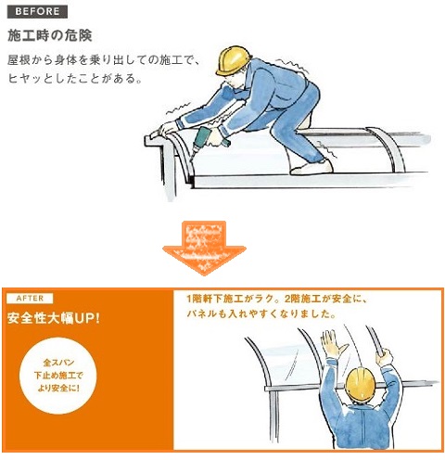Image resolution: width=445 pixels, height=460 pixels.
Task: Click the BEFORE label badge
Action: tap(37, 12)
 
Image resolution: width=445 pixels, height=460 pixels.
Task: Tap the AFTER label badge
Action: tap(30, 299)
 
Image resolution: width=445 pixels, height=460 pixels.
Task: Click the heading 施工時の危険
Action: tap(50, 35)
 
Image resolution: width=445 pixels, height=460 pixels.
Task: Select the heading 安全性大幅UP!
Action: tap(54, 318)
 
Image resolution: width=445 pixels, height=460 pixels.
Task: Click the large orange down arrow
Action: tap(204, 248)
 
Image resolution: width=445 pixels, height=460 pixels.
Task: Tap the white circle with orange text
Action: tap(58, 376)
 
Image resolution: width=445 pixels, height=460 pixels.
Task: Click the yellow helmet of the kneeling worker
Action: tap(234, 60)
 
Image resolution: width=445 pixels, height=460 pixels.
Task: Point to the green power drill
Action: tap(206, 141)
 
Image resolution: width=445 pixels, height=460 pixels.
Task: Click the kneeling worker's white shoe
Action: tap(311, 168)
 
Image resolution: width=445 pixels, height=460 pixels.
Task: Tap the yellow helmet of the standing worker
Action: tap(361, 384)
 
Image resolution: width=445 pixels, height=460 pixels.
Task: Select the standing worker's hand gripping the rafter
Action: tap(384, 357)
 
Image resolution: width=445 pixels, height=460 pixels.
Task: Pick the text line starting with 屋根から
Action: tap(104, 60)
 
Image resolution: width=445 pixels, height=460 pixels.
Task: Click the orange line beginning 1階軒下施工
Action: tap(276, 299)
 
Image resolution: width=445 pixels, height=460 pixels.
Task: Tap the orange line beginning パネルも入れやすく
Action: tap(261, 314)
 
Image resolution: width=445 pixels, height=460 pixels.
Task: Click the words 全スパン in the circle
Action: tap(58, 363)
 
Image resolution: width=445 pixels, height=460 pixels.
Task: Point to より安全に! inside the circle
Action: tap(58, 388)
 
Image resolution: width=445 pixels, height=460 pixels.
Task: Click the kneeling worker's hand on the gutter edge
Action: tap(167, 127)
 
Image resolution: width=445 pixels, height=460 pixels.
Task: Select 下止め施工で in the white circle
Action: tap(58, 376)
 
